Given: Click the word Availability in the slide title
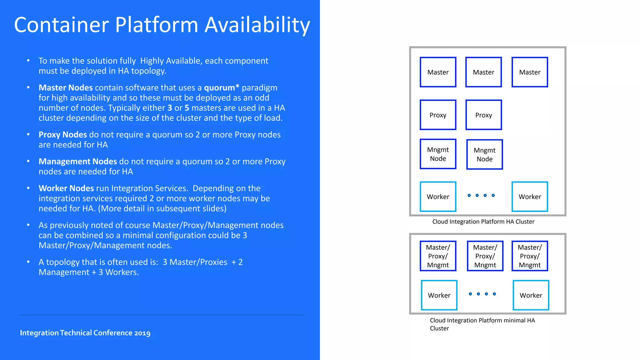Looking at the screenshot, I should [257, 25].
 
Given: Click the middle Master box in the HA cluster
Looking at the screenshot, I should [483, 72].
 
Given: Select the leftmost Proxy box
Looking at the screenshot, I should [438, 115].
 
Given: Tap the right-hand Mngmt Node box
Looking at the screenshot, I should [484, 154].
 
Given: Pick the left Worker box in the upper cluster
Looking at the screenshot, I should [438, 197].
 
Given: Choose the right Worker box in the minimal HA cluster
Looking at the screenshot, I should [531, 295].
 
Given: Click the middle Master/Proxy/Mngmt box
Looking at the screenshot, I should [485, 256].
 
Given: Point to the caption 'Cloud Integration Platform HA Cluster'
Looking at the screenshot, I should [483, 222].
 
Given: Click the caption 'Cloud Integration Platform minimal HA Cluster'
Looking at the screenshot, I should [482, 324].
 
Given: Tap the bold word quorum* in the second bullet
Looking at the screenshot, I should [222, 88].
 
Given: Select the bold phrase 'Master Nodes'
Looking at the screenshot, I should [66, 88].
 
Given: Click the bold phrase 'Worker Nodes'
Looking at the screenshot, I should [66, 188].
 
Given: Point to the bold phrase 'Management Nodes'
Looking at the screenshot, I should [78, 162].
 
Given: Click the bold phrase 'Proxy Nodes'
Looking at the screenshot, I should [62, 135].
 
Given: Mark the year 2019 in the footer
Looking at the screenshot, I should [142, 333].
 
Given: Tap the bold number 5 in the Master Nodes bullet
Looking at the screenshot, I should [187, 108].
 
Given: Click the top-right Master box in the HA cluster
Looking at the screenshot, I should [530, 72].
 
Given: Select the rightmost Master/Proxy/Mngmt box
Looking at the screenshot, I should [530, 256].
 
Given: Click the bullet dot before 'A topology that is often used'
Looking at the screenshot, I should [28, 262].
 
